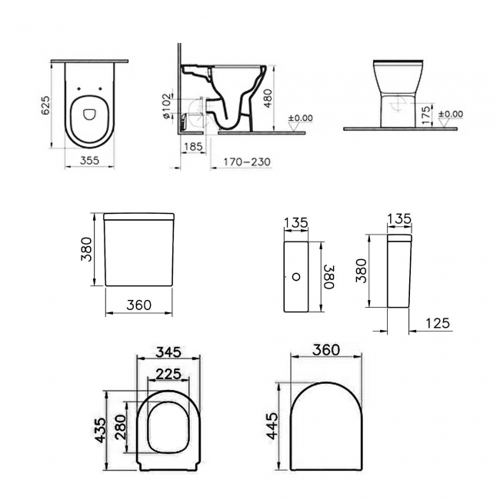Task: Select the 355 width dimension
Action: coord(90,161)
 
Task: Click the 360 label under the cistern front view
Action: coord(136,305)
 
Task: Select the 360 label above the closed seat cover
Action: coord(325,349)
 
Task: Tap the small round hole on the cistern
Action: coord(296,273)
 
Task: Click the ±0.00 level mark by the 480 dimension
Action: coord(300,118)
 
